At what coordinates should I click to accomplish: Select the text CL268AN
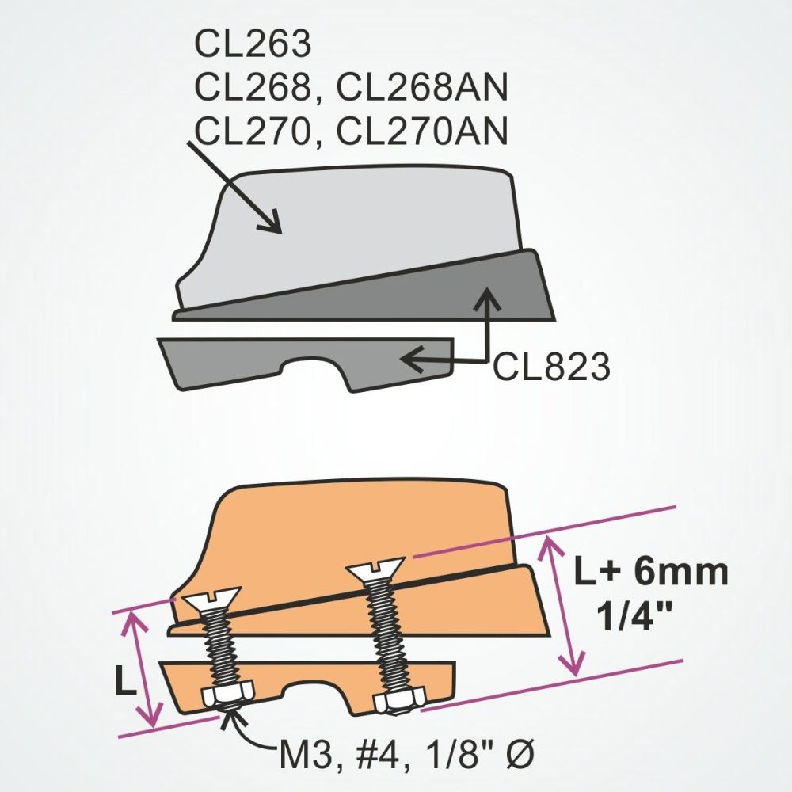[x=421, y=89]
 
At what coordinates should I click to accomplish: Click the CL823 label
[x=552, y=367]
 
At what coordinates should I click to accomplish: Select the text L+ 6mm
[x=650, y=572]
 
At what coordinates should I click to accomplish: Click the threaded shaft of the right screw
[x=387, y=634]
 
